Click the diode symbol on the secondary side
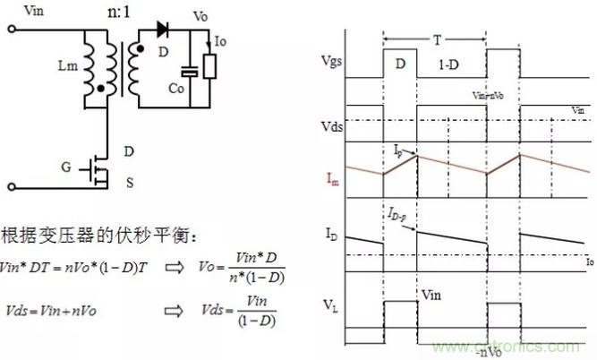[x=163, y=30]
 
